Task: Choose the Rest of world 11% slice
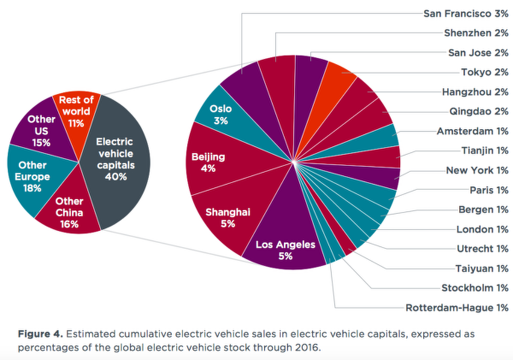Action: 75,112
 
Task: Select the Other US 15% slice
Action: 42,130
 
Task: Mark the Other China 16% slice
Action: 69,212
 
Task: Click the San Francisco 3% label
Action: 466,13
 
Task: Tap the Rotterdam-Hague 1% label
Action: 457,308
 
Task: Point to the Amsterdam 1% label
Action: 472,131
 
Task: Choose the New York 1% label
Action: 477,171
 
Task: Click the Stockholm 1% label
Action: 475,288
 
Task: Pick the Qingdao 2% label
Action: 478,112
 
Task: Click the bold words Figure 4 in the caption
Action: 41,333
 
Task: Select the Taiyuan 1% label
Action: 482,269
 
